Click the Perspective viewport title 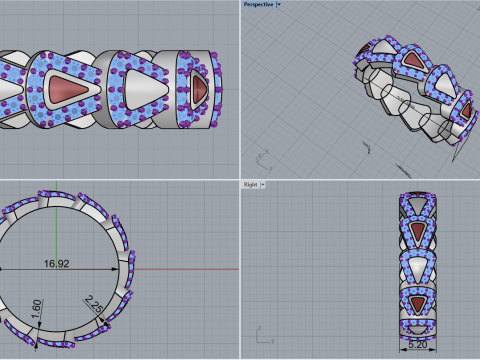coord(258,4)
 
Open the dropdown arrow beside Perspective coord(279,4)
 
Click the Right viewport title coord(250,184)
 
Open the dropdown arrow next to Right coord(263,184)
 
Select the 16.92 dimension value coord(57,264)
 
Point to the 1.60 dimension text coord(37,309)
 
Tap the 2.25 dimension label coord(94,304)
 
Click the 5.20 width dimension coord(418,344)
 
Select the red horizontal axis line coord(187,269)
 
